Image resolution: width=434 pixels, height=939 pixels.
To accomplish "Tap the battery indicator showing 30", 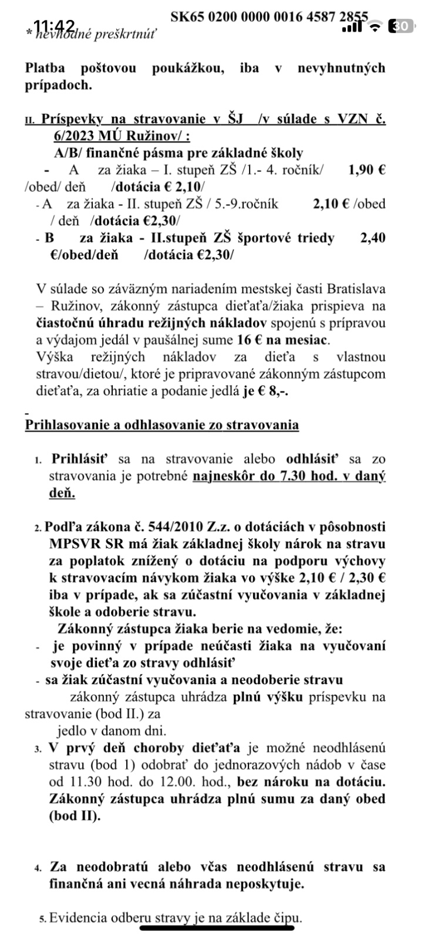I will click(x=402, y=26).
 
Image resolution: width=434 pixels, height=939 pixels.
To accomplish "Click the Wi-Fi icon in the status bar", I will click(x=375, y=26).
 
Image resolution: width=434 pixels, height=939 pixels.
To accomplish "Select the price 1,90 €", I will click(x=366, y=170).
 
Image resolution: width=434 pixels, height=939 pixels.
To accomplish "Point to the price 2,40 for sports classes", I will click(x=372, y=238).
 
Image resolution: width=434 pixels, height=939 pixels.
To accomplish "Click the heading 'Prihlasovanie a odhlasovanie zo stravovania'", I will click(x=162, y=425).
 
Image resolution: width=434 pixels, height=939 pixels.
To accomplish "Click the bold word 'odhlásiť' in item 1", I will click(x=311, y=458).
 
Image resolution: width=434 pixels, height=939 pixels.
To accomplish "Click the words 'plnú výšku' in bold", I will click(x=268, y=697).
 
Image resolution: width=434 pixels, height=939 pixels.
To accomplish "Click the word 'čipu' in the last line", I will click(x=285, y=918).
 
